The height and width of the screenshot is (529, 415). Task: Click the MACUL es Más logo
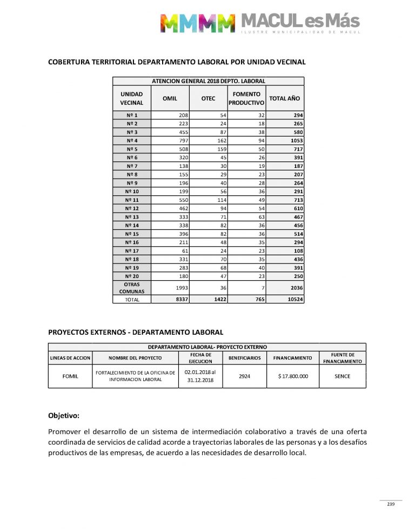259,22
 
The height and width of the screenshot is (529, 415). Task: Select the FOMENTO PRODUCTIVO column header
246,98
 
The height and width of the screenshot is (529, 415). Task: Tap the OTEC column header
208,98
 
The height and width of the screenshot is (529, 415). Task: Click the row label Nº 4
132,140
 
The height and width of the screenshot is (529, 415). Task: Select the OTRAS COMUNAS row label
132,288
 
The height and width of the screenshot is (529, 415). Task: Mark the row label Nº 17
132,251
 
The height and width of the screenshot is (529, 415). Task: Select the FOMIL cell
70,376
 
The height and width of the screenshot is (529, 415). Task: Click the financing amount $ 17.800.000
293,376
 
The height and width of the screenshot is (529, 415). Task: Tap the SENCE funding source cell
342,376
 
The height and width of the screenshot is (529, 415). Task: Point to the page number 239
391,505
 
